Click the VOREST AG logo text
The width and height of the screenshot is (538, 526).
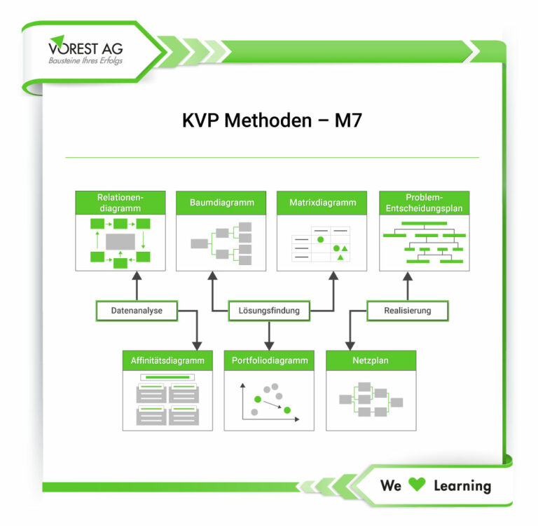point(85,48)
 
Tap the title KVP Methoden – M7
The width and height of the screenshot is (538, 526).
point(272,121)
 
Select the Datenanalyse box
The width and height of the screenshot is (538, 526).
point(137,311)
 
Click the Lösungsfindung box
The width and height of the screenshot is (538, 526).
point(269,311)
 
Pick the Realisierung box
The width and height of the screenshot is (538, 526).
point(408,311)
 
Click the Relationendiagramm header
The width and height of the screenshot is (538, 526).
point(120,203)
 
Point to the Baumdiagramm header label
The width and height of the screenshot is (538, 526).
point(222,203)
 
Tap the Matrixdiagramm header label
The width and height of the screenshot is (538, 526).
point(323,203)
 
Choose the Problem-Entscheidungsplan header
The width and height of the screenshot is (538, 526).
point(425,203)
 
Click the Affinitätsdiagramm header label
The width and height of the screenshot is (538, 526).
point(167,360)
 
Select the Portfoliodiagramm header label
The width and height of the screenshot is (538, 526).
point(270,360)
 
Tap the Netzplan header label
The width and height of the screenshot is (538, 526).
point(371,360)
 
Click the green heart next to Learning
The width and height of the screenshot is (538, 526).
point(417,485)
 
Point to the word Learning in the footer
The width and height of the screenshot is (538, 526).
point(462,486)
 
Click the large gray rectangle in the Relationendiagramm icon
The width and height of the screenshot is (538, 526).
point(120,241)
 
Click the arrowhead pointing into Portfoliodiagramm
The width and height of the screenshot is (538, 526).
point(269,346)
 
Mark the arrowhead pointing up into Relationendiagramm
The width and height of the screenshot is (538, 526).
point(137,276)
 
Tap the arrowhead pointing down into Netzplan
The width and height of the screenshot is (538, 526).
point(350,346)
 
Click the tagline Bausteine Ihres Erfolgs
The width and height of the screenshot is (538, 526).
point(85,61)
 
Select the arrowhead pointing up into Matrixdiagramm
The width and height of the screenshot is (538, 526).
point(333,276)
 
